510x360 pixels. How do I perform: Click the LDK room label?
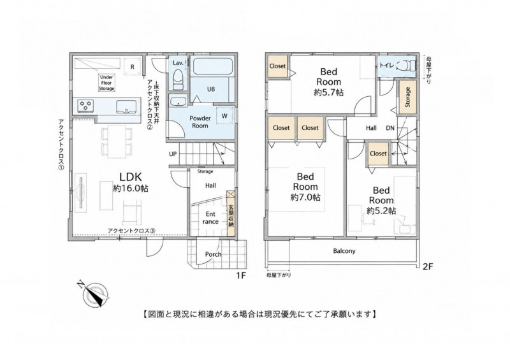click(x=131, y=177)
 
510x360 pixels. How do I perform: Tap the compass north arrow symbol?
click(x=94, y=293)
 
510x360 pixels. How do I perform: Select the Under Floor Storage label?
click(x=106, y=83)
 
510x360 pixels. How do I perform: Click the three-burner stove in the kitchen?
click(x=86, y=106)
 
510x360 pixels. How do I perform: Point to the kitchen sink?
click(x=126, y=106)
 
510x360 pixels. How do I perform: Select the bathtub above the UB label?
click(x=213, y=66)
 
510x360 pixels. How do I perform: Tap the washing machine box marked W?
click(x=224, y=116)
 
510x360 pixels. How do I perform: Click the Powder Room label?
click(x=200, y=122)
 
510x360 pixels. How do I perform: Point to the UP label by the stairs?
click(x=173, y=154)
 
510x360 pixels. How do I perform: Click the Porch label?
click(x=213, y=254)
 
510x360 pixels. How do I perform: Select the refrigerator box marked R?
click(x=133, y=67)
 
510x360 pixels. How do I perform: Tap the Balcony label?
click(x=344, y=251)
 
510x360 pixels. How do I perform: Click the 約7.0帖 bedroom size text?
click(x=305, y=197)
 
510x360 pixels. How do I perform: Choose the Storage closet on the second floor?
click(x=407, y=97)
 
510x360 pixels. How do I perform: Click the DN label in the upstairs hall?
click(x=390, y=128)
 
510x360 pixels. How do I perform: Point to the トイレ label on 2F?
click(x=387, y=66)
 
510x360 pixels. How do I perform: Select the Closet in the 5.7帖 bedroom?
click(x=277, y=66)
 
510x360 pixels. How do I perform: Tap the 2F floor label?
click(x=428, y=267)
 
